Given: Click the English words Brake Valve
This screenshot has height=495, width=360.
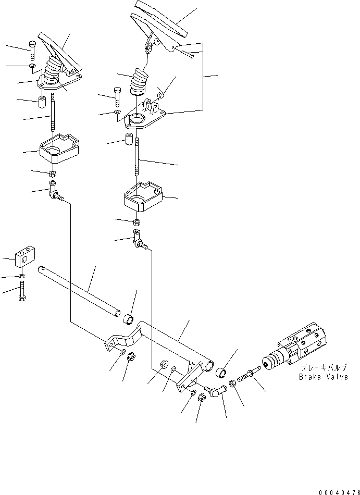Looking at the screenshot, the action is [x=324, y=377].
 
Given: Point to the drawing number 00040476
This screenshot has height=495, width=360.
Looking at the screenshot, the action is [x=339, y=492].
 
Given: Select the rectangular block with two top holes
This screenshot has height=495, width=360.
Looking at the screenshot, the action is [x=25, y=257].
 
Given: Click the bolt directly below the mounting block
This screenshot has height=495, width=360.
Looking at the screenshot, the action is [x=22, y=292].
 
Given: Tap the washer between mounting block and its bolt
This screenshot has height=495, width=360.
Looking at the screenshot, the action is [x=22, y=277].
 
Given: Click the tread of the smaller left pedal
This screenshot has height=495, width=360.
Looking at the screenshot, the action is [x=60, y=53].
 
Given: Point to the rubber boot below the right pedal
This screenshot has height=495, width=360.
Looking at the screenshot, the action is [x=139, y=81].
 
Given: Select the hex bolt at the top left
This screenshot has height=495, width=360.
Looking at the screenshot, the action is [x=32, y=51].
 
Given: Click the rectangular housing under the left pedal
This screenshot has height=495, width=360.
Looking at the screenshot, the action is [x=59, y=148].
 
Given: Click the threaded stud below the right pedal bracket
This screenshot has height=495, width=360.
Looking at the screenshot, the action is [x=137, y=156].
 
